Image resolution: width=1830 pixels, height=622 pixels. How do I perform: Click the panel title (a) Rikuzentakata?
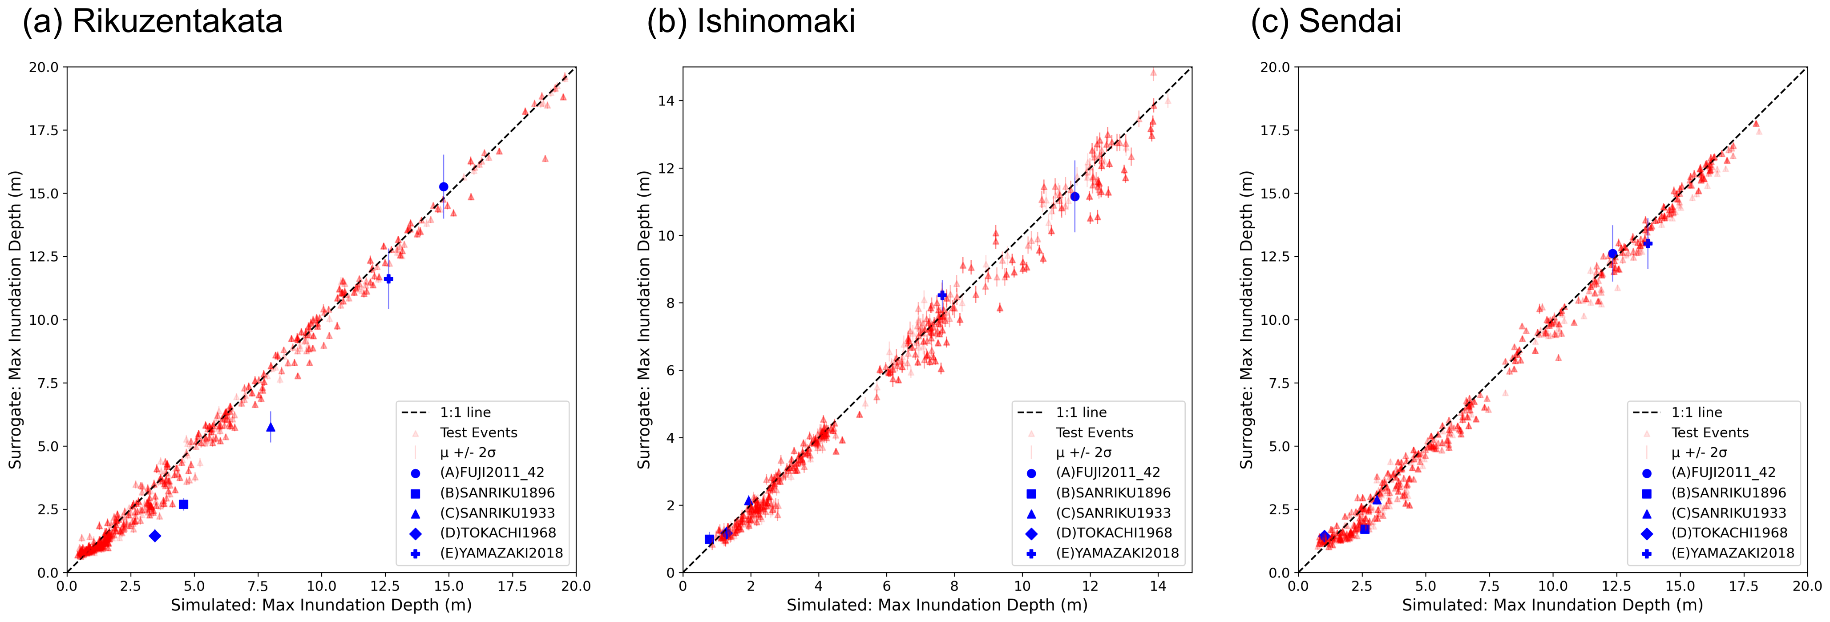click(x=152, y=21)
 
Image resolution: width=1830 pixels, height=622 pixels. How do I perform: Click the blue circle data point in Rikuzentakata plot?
click(x=443, y=187)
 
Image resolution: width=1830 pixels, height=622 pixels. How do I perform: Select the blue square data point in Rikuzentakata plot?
click(x=183, y=504)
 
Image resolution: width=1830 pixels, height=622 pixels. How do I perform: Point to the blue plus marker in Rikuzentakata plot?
click(x=388, y=279)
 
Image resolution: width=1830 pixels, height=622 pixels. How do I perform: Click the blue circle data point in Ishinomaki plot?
click(x=1075, y=197)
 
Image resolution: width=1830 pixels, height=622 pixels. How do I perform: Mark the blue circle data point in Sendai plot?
click(x=1612, y=254)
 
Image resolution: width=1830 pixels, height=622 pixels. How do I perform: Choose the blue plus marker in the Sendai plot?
click(x=1648, y=243)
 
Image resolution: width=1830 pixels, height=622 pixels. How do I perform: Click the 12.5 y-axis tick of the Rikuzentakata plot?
click(x=44, y=256)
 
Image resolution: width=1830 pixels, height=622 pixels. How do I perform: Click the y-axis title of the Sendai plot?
click(x=1246, y=319)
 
